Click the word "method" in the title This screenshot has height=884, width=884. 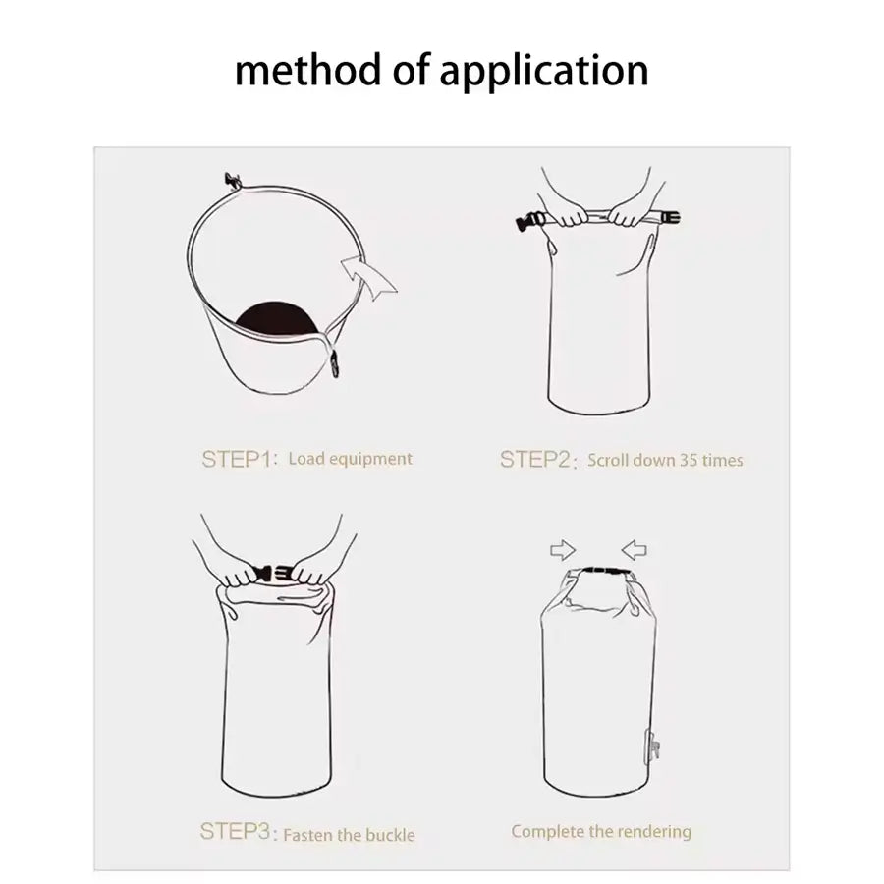(307, 70)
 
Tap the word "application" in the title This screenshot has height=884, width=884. (543, 72)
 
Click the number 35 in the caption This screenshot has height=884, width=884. (688, 460)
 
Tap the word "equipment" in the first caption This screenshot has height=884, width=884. (370, 459)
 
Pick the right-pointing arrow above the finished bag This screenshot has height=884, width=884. (563, 550)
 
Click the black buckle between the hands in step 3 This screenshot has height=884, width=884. (273, 574)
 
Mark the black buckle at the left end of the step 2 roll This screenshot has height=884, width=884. (530, 220)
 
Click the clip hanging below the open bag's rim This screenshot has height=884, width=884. (335, 363)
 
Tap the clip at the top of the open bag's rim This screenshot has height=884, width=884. (232, 181)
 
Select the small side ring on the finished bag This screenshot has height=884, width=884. (652, 747)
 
